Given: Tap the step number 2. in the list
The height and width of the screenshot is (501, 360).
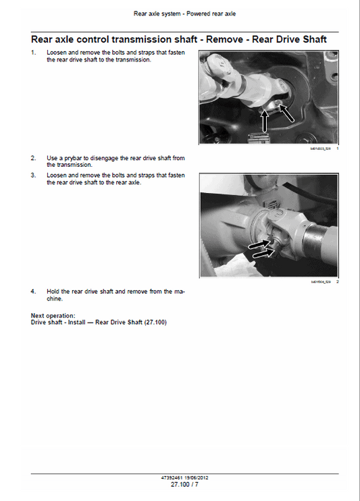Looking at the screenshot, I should pos(34,158).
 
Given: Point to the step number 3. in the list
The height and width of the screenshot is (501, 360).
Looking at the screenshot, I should pos(34,176).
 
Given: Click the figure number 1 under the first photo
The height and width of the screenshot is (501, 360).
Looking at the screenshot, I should pos(337,148).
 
